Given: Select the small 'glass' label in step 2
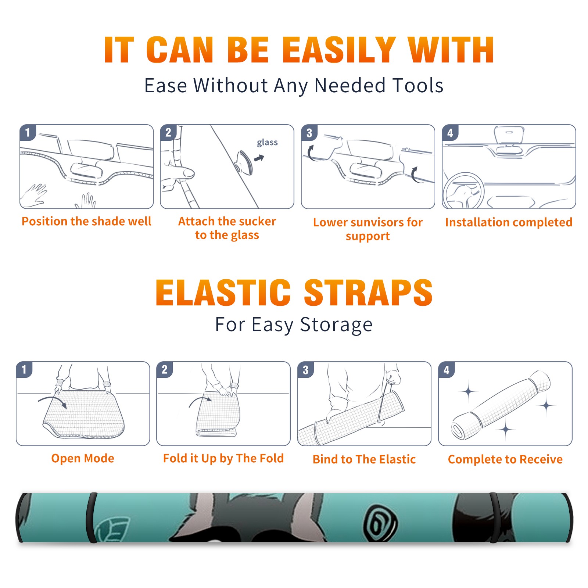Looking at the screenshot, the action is (267, 143).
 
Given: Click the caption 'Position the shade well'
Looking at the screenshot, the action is (86, 221).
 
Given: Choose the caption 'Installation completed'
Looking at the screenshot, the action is (509, 222).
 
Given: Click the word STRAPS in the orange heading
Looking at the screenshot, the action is (368, 293).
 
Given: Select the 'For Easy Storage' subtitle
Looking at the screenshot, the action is (294, 325).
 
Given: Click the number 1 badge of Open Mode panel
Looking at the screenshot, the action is (24, 369).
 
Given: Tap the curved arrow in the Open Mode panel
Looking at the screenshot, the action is (53, 401).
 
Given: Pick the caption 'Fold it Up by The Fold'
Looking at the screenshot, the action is (223, 458).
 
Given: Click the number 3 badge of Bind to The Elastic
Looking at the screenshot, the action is (306, 370).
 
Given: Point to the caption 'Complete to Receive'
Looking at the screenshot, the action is (505, 459).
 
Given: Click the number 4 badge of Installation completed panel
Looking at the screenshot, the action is (450, 133).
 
